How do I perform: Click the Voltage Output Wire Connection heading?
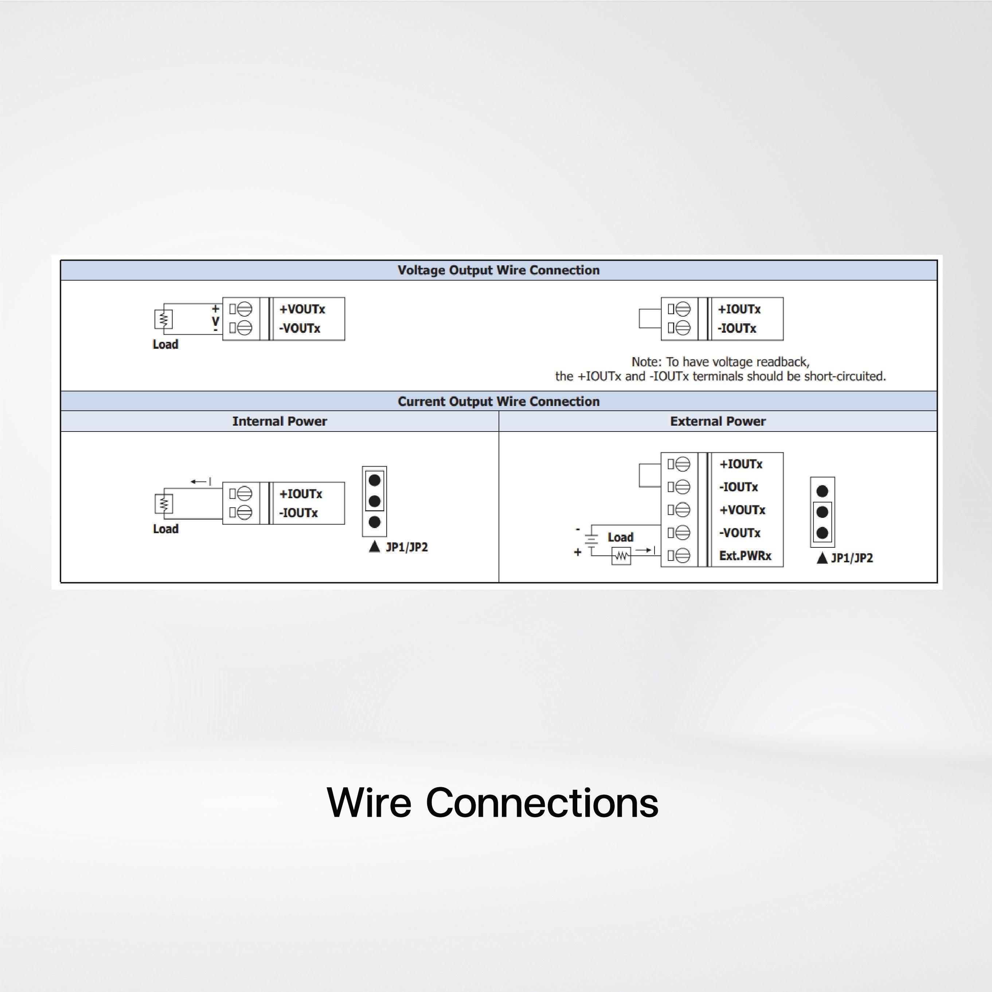(x=498, y=270)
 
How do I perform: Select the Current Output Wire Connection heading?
(x=498, y=402)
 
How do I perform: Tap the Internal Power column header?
(x=279, y=421)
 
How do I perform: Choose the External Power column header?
(x=717, y=421)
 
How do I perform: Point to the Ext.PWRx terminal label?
(x=745, y=555)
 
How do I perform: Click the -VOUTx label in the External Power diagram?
(x=739, y=533)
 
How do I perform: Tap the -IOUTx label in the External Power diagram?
(x=738, y=487)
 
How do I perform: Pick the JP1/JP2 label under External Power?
(x=851, y=558)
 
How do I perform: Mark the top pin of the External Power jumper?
(x=822, y=491)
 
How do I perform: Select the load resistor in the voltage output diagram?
(x=163, y=319)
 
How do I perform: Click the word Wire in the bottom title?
(x=369, y=802)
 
